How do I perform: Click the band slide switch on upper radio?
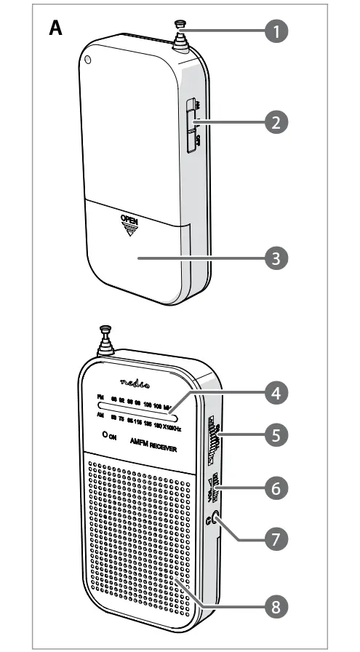pos(192,126)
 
